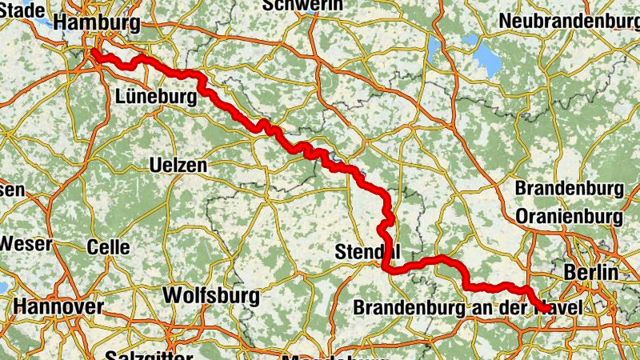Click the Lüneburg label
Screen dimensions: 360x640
click(155, 97)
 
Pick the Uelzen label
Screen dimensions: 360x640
click(178, 166)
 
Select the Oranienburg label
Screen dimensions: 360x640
click(570, 216)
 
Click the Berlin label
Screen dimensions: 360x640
click(590, 272)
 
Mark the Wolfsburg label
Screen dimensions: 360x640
click(210, 295)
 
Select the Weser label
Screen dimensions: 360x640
click(26, 243)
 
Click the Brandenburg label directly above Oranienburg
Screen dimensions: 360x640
click(569, 189)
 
